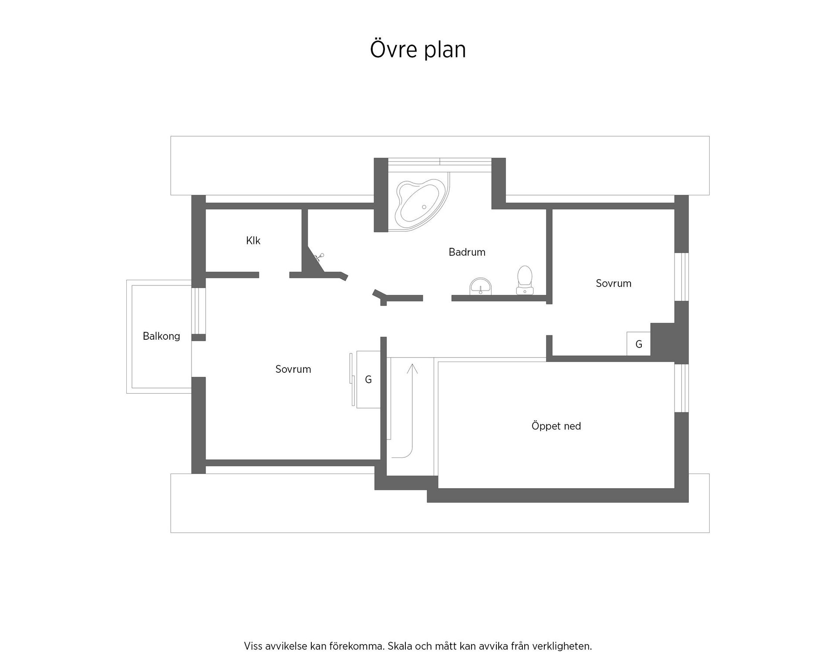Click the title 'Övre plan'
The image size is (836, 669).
coord(418,49)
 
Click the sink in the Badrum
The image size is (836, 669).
coord(480,286)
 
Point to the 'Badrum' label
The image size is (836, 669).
coord(467,252)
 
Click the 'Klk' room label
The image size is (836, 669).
coord(253,240)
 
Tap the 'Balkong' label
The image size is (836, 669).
coord(162,336)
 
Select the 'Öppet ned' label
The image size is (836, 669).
coord(556,426)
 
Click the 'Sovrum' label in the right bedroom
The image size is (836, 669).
coord(614,284)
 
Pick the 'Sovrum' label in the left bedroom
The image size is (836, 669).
coord(293,369)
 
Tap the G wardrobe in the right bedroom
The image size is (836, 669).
coord(638,344)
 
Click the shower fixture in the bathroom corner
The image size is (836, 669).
coord(319,257)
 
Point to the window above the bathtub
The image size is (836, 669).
coord(440,162)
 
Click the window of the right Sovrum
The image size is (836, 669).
coord(681,277)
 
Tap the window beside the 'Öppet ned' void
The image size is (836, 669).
coord(681,388)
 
